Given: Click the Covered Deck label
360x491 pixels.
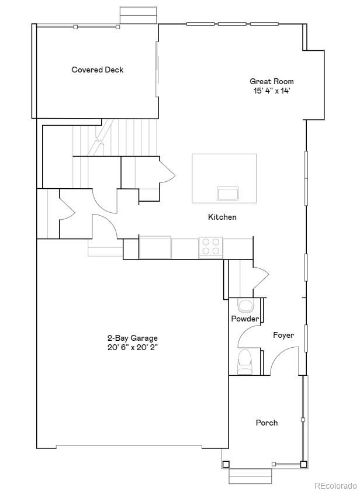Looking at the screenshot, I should [98, 70].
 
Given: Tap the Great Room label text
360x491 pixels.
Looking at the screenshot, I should [272, 81].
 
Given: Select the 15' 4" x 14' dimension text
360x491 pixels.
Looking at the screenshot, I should [272, 91].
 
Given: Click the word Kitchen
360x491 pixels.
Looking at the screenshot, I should [222, 217].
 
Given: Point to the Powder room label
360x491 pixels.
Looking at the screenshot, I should [245, 319].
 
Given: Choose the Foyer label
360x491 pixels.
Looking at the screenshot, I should [283, 335].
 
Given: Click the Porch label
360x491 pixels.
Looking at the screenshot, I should [266, 423].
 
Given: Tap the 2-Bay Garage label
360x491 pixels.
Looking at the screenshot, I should [132, 338].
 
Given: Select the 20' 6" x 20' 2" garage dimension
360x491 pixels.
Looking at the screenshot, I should [132, 347].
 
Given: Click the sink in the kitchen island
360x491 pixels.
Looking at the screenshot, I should [228, 193].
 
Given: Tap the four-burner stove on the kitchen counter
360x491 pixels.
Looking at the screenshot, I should [210, 247].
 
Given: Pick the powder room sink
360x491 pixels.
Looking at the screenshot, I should [245, 305].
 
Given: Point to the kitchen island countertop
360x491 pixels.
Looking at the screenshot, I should [224, 170].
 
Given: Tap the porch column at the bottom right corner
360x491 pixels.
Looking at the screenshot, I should [303, 464].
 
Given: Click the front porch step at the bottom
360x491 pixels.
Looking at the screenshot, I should [250, 475].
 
